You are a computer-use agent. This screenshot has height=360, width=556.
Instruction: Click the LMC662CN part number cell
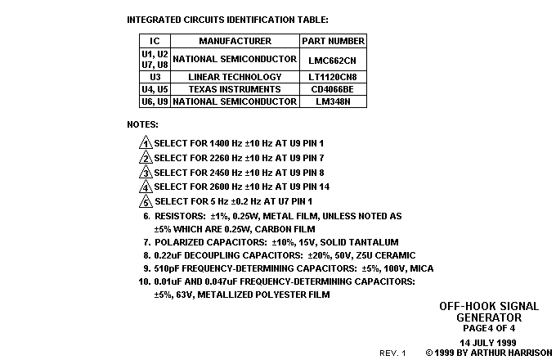tap(332, 61)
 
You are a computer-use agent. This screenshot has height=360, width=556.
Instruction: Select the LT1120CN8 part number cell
tap(332, 77)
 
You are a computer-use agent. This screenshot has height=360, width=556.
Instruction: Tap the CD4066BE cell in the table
tap(332, 89)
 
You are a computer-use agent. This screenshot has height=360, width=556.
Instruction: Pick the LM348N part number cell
tap(333, 101)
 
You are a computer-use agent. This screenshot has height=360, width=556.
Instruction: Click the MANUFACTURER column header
tap(235, 41)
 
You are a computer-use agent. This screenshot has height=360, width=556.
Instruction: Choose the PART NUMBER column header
tap(333, 41)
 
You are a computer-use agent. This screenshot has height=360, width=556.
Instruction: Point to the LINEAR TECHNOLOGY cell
tap(235, 77)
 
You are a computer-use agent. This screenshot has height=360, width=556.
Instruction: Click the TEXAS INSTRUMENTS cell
tap(235, 89)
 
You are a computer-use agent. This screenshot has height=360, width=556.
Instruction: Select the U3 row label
tap(155, 77)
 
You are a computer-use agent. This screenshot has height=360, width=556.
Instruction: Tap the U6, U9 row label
tap(155, 101)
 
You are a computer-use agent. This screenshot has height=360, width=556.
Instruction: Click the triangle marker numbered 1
tap(146, 142)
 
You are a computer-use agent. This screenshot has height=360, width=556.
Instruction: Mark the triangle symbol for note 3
tap(146, 172)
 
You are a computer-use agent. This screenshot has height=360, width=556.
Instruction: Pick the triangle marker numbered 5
tap(146, 200)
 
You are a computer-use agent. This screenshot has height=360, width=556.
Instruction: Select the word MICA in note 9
tap(422, 268)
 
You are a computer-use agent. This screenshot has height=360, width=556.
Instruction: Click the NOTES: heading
tap(142, 124)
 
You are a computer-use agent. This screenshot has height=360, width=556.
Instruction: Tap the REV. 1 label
tap(392, 353)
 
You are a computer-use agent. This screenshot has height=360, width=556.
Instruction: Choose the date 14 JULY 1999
tap(488, 343)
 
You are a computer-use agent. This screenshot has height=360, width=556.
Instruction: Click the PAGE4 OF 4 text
tap(489, 328)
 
